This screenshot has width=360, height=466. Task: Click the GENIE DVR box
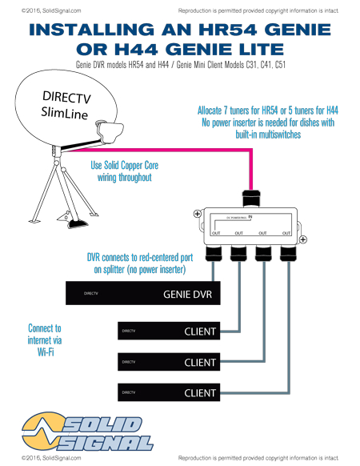point(145,294)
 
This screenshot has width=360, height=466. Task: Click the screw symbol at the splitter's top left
point(197,214)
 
